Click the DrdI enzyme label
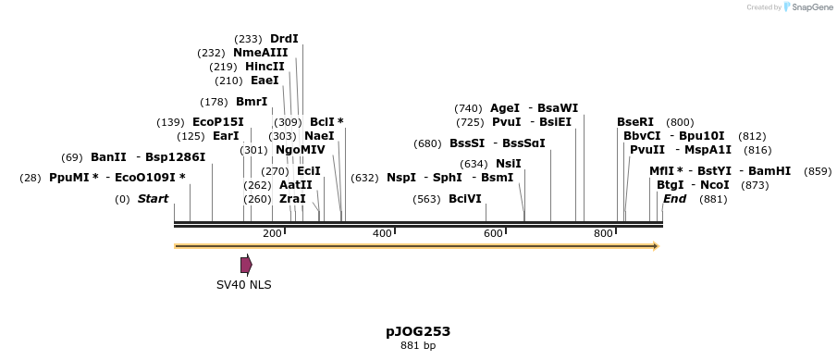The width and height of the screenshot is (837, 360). [x=284, y=39]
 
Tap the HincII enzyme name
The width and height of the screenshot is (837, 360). [x=265, y=67]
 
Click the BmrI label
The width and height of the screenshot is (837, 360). [x=252, y=102]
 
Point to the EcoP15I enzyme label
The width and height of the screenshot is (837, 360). [x=218, y=122]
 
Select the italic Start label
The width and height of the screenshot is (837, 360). [x=153, y=199]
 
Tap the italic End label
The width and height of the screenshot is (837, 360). [x=674, y=199]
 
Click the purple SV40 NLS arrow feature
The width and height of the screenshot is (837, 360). [x=246, y=265]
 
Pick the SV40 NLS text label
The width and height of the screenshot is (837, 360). [x=244, y=285]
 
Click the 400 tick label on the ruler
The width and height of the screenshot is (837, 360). [x=382, y=233]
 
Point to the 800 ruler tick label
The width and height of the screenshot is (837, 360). [x=603, y=233]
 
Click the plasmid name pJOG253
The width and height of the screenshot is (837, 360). [x=418, y=330]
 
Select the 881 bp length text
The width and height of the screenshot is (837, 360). [x=418, y=346]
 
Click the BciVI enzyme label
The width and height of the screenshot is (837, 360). [x=464, y=199]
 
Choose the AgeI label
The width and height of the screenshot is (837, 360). [x=504, y=108]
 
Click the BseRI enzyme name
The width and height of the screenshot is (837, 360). [x=635, y=122]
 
